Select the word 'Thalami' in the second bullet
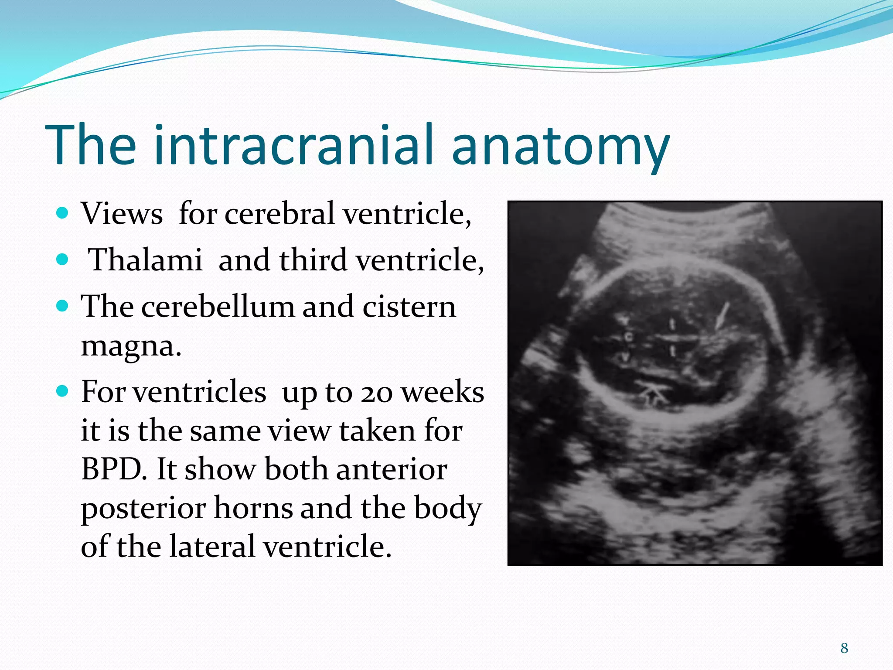[x=145, y=260]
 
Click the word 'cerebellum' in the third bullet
[x=218, y=307]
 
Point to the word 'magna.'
[x=131, y=347]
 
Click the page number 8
[x=844, y=648]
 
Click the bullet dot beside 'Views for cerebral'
[x=63, y=213]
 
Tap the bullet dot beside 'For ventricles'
[x=63, y=391]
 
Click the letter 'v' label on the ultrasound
[x=626, y=357]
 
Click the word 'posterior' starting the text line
[x=143, y=508]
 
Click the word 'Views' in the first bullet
[x=122, y=214]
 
